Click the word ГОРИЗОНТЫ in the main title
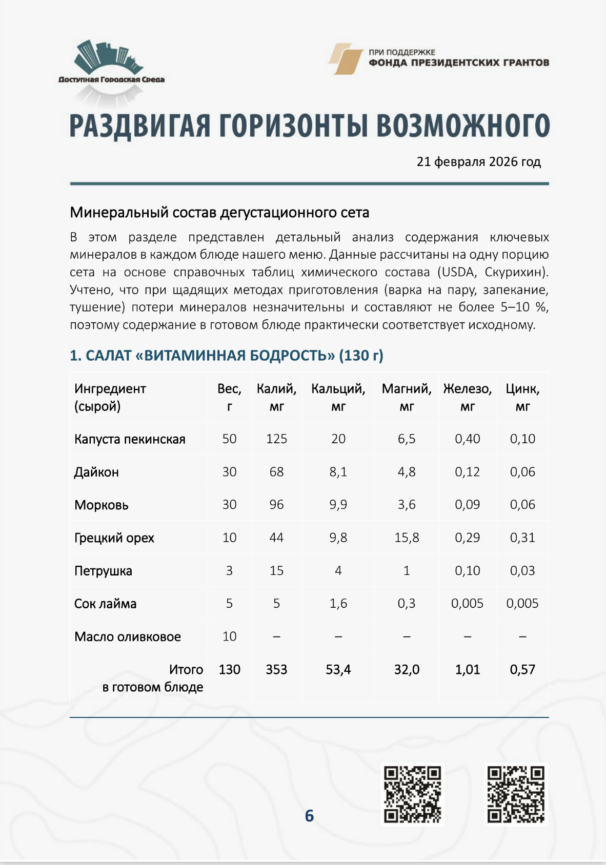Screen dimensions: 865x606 [293, 126]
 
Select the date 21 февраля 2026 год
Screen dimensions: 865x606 [478, 162]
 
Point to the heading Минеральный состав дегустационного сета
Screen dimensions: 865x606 [219, 213]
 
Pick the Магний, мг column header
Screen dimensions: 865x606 [407, 397]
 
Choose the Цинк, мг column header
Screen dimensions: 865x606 [522, 397]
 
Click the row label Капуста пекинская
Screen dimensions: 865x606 [130, 439]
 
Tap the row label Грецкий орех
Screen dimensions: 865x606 [114, 538]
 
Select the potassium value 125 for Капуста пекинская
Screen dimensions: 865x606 [276, 439]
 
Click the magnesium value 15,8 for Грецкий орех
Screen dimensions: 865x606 [407, 538]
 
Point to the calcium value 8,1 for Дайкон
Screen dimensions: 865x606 [338, 472]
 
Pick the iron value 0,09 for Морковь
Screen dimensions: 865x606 [467, 505]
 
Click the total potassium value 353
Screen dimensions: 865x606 [276, 670]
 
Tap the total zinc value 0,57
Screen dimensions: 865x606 [522, 670]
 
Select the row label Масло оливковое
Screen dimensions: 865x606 [128, 637]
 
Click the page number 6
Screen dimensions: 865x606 [309, 816]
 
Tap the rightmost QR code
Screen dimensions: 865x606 [516, 794]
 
